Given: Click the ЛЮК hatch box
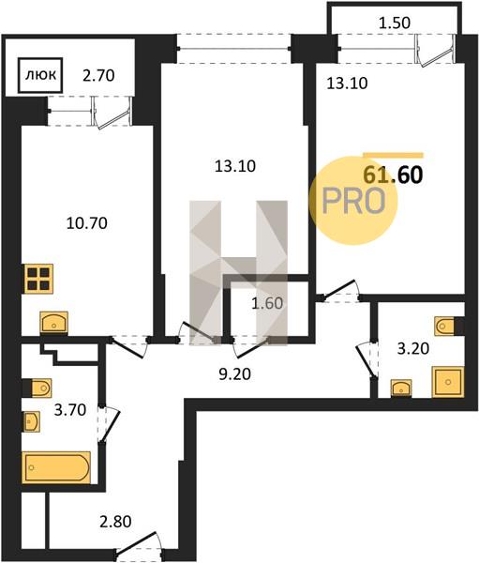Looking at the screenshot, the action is tap(41, 75).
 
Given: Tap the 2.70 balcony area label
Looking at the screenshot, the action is tap(98, 76).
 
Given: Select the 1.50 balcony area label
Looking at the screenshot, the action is tap(395, 23).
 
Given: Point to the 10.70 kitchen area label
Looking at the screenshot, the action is tap(87, 223).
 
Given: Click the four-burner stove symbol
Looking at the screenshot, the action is tap(37, 279).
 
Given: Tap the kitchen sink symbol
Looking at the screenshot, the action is tap(53, 322).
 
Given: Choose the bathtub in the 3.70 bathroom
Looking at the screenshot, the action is tap(56, 467).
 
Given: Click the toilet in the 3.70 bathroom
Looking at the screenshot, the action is tap(37, 388).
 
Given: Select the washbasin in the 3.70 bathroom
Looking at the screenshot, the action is tap(32, 420).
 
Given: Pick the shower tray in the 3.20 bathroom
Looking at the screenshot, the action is tap(448, 382).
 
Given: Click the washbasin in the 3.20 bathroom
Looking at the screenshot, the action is tap(401, 388).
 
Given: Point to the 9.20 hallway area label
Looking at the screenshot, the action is tap(234, 374).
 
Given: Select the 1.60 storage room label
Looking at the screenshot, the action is tap(267, 303).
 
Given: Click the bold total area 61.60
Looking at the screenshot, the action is tap(393, 175).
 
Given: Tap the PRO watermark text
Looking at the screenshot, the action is tap(353, 201).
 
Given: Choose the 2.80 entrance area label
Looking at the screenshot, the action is tap(115, 522).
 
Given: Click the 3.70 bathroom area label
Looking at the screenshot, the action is tap(70, 410).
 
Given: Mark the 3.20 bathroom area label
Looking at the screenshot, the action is tap(413, 348).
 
